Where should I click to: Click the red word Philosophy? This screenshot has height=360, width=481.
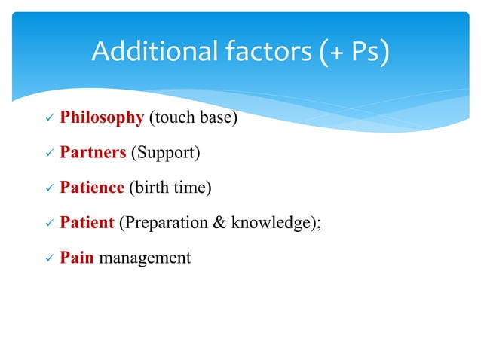[102, 117]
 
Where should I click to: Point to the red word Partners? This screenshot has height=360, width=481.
[93, 153]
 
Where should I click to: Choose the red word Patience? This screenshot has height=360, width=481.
[91, 188]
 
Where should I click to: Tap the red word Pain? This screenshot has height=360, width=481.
[77, 258]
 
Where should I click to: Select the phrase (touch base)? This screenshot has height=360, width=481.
[192, 117]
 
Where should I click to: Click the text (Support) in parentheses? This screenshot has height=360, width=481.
[166, 153]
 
